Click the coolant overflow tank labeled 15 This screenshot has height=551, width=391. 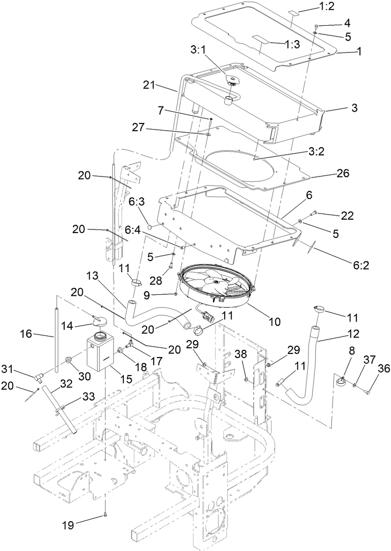point(101,351)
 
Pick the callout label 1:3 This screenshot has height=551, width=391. point(292,45)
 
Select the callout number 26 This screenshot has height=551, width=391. point(342,173)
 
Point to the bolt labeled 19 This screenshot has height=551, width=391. point(104,512)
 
